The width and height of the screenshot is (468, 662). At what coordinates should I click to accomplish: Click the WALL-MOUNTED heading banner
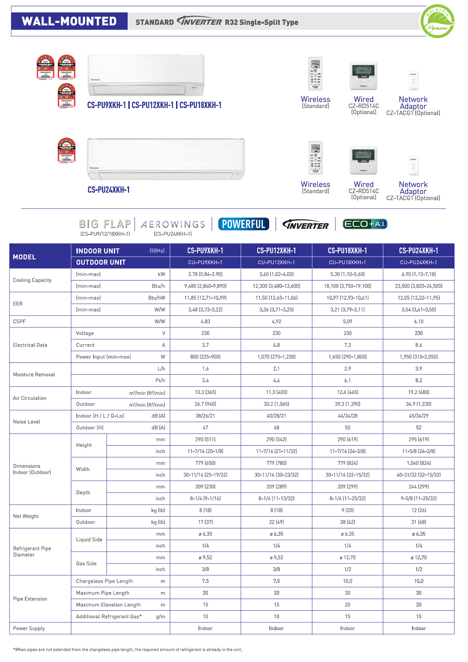(69, 21)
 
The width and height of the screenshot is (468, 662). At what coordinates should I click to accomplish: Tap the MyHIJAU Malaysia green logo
(437, 22)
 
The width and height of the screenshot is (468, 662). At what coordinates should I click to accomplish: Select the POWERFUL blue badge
(244, 224)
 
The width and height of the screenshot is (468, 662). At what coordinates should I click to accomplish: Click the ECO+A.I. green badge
(365, 224)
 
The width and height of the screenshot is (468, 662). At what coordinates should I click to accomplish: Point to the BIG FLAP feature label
(105, 224)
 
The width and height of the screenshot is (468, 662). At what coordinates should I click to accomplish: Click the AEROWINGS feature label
(173, 224)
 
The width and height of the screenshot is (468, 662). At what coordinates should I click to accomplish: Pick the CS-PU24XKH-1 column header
(418, 251)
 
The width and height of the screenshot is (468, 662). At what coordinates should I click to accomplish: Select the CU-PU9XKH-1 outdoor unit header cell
(205, 263)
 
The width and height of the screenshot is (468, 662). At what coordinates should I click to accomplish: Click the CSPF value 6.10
(418, 321)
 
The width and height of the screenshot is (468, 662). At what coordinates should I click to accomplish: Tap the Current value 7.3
(347, 345)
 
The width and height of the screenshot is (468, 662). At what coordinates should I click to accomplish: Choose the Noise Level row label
(26, 422)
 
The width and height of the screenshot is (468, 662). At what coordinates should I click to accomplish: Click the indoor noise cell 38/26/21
(205, 416)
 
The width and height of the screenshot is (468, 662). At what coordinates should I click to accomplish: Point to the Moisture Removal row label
(34, 375)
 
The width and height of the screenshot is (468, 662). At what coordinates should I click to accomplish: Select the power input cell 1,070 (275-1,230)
(276, 357)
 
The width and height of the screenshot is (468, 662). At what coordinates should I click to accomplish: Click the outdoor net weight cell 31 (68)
(418, 522)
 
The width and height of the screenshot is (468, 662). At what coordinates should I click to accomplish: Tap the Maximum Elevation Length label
(108, 605)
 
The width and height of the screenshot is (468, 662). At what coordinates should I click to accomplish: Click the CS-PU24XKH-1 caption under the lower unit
(109, 190)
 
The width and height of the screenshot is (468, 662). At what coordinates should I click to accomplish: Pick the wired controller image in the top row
(363, 76)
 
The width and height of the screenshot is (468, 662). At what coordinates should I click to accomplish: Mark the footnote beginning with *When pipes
(128, 650)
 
